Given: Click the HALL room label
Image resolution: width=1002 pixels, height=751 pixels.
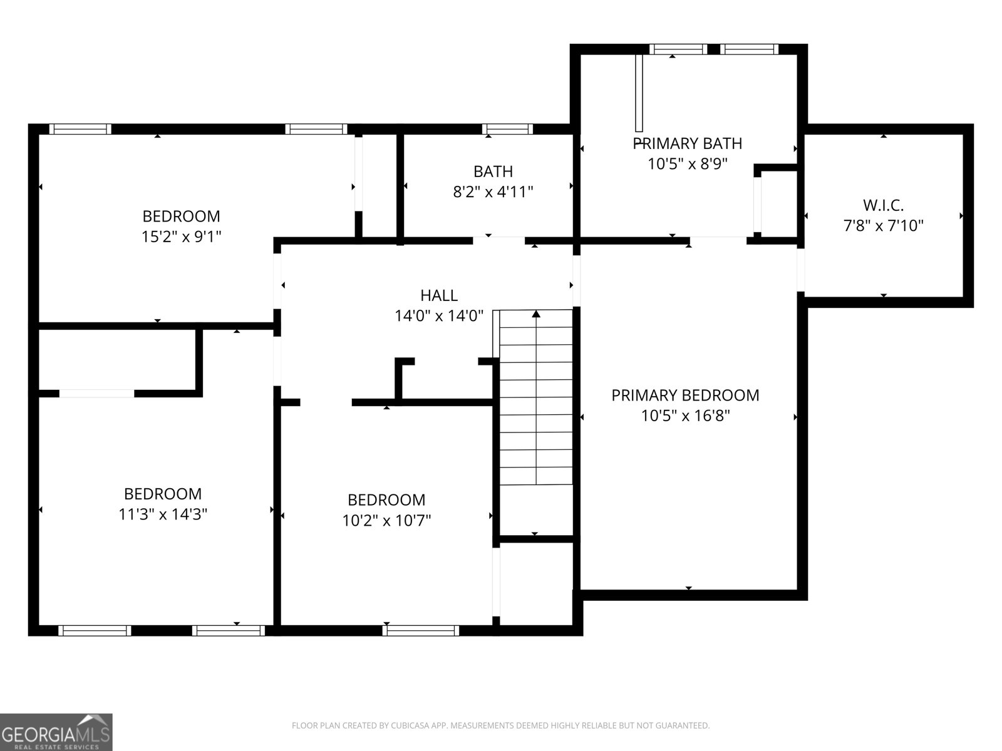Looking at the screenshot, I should [x=438, y=295].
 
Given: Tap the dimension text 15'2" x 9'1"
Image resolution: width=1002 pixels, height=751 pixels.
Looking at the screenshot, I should [x=182, y=237].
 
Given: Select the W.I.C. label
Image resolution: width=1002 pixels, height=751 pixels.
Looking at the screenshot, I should [x=883, y=205].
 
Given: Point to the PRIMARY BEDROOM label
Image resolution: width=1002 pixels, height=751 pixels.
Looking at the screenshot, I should [x=685, y=395].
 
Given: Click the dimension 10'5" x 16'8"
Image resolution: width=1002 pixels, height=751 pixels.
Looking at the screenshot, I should [x=685, y=416].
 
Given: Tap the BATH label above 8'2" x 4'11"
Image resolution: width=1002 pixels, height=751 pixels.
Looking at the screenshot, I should [x=493, y=171].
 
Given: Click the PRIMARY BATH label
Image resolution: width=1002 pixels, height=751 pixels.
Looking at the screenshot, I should [x=688, y=143].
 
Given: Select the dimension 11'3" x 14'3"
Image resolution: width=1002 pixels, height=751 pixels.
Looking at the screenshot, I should [x=163, y=514].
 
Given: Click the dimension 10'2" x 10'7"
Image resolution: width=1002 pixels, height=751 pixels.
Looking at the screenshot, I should [x=386, y=520].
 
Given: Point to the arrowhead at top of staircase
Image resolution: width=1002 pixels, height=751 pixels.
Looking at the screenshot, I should [x=536, y=314].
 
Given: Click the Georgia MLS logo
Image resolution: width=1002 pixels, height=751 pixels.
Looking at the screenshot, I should [x=56, y=732].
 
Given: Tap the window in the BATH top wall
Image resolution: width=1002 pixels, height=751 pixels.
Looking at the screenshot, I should [x=507, y=129].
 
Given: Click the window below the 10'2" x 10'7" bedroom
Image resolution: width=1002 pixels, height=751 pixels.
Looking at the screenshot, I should [x=420, y=630].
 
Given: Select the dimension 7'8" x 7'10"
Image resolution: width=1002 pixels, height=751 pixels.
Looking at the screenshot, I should [x=883, y=225].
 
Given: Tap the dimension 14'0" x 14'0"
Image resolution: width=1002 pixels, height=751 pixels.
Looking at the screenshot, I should [x=438, y=316].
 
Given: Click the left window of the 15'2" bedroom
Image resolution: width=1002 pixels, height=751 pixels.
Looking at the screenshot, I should [x=80, y=129].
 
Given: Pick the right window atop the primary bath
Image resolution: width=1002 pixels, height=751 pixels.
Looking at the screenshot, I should [x=749, y=49].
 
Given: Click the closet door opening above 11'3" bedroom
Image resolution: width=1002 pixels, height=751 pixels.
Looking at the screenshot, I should [x=96, y=394].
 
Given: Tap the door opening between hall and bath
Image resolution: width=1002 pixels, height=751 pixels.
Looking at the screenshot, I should [x=498, y=240].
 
